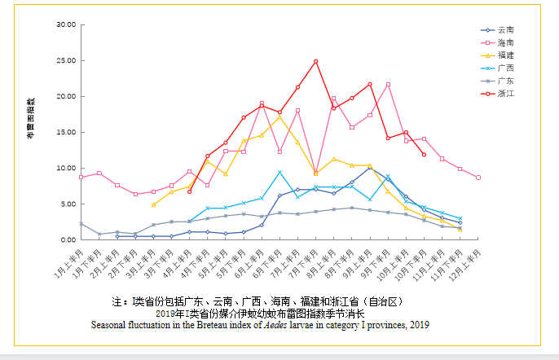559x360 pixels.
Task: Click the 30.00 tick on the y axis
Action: pyautogui.click(x=65, y=24)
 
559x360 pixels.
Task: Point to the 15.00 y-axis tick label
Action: pyautogui.click(x=65, y=132)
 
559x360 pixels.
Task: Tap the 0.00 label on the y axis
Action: pyautogui.click(x=68, y=239)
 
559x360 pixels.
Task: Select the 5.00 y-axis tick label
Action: pyautogui.click(x=68, y=204)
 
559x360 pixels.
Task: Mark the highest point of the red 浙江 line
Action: pyautogui.click(x=315, y=61)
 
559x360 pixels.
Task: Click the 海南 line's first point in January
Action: pyautogui.click(x=81, y=177)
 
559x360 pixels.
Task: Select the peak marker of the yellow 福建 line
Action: pyautogui.click(x=279, y=116)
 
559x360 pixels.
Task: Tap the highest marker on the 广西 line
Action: pyautogui.click(x=279, y=172)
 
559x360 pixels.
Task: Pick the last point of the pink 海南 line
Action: pyautogui.click(x=478, y=177)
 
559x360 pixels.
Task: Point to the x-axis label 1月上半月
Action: pyautogui.click(x=70, y=263)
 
